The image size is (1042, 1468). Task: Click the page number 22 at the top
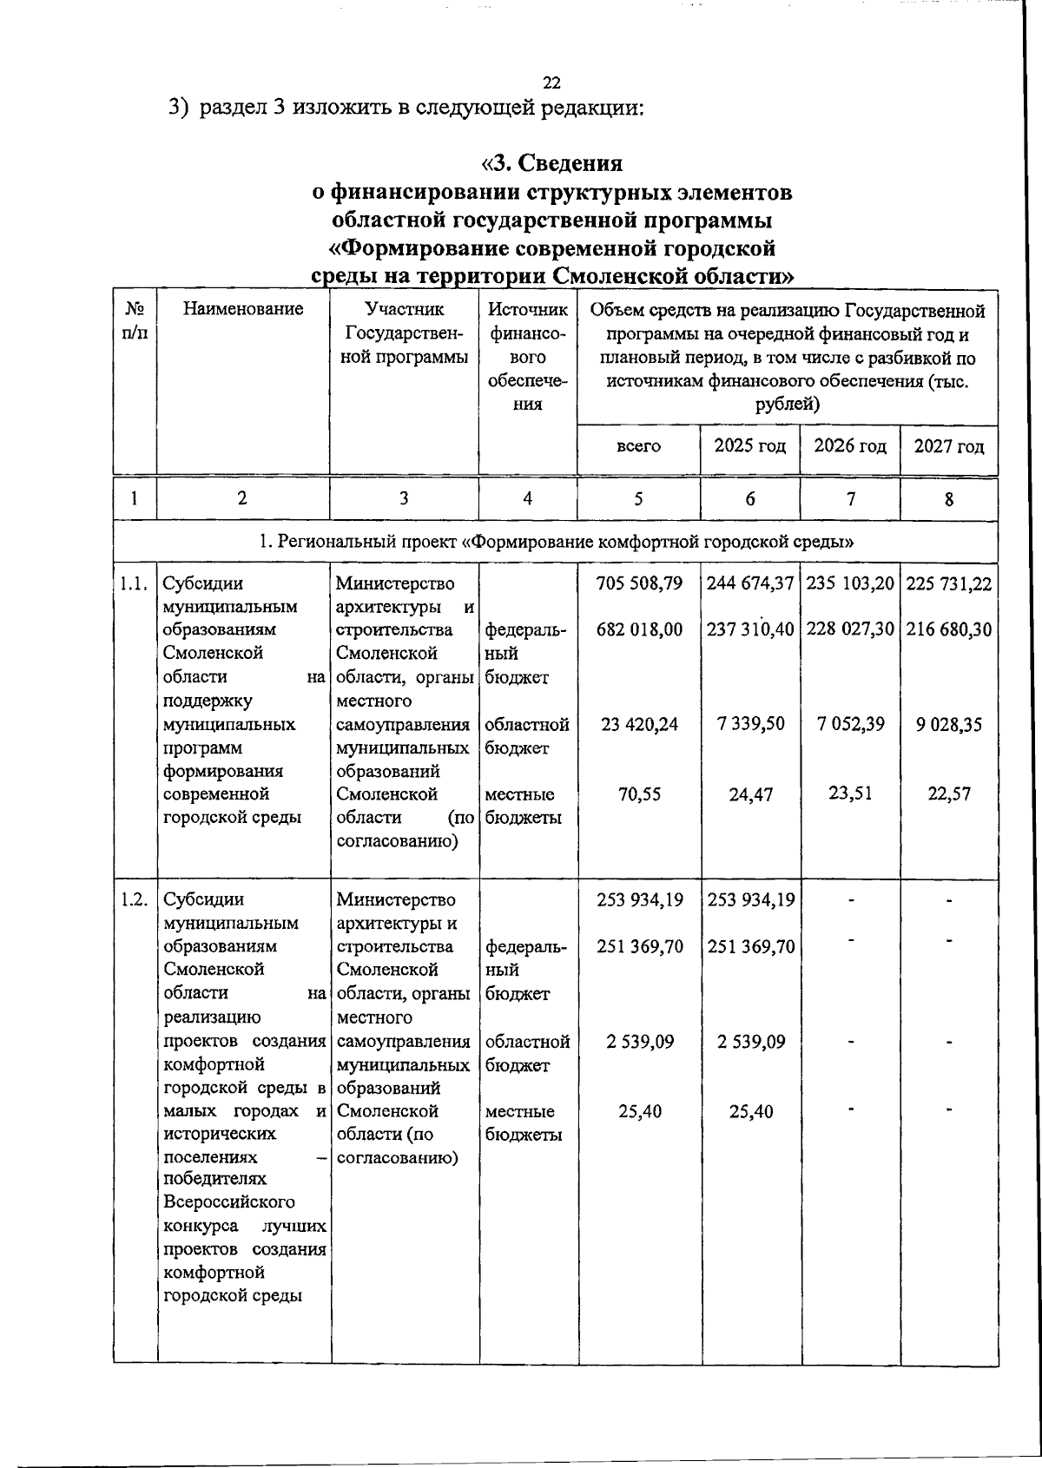[551, 83]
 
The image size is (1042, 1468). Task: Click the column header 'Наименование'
[243, 308]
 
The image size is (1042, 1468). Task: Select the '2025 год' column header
[750, 446]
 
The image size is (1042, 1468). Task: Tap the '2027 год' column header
[949, 447]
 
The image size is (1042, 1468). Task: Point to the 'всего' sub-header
[638, 446]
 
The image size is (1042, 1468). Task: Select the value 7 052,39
[851, 724]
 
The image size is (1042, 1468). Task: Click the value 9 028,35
[949, 724]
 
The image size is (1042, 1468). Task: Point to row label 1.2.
[135, 899]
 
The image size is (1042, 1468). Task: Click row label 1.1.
[135, 583]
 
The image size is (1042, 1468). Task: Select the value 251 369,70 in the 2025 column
[751, 946]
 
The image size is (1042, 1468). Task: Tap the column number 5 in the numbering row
[638, 498]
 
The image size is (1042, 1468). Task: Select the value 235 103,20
[851, 583]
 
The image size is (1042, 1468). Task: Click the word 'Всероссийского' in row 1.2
[229, 1202]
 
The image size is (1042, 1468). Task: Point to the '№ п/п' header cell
[135, 320]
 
